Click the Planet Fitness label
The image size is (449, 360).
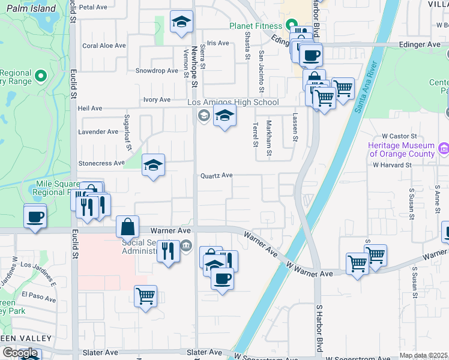pos(255,26)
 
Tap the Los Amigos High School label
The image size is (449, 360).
pos(234,102)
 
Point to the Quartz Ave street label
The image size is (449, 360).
pos(216,175)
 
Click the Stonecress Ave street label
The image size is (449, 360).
pos(101,163)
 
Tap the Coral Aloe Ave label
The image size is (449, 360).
pos(104,45)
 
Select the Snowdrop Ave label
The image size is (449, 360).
pos(157,70)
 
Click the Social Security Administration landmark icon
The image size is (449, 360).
pos(186,244)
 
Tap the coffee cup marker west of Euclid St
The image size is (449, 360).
pos(35,216)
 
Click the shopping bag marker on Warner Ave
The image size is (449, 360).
pos(128,227)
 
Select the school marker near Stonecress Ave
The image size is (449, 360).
pos(153,165)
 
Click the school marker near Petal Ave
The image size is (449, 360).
pos(179,22)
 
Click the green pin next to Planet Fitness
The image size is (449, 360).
pos(291,25)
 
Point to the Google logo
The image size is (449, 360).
pos(20,353)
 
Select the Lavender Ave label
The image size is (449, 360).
pos(98,131)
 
